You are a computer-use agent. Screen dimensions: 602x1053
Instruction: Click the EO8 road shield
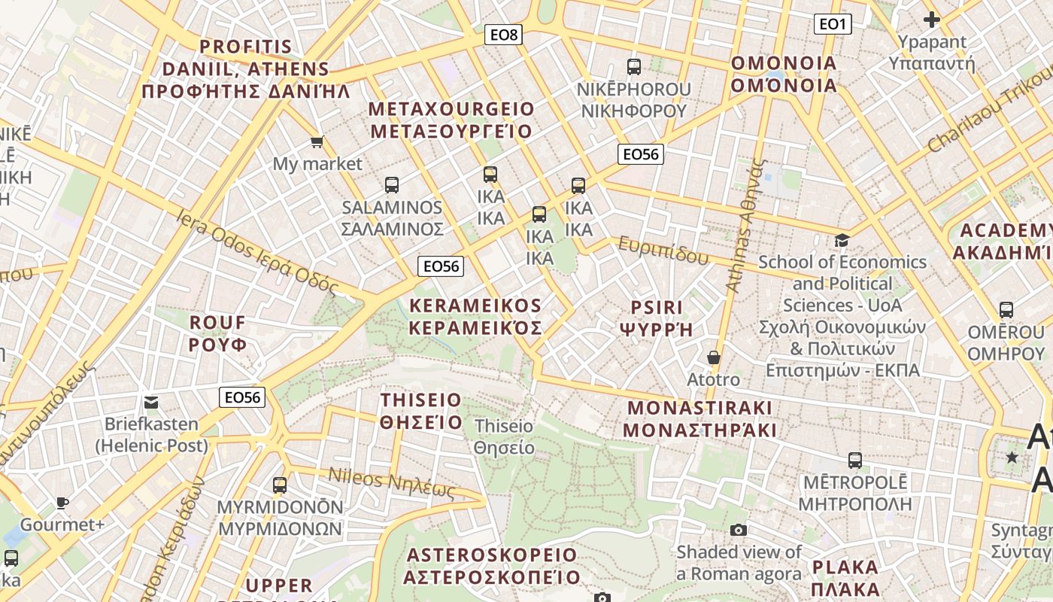tap(504, 35)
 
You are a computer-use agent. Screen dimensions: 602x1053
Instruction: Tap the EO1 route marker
tap(832, 24)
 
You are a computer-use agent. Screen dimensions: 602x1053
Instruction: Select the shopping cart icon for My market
tap(317, 141)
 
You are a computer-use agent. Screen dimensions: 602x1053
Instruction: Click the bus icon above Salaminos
tap(391, 184)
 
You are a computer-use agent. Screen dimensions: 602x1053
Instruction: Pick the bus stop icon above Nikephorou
tap(633, 66)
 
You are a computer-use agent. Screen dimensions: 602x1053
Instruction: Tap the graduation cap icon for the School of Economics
tap(842, 240)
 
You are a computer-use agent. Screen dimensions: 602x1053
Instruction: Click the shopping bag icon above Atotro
tap(713, 357)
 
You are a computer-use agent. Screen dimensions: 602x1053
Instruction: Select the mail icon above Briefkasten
tap(151, 403)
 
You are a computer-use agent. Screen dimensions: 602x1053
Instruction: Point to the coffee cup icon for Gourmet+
tap(62, 502)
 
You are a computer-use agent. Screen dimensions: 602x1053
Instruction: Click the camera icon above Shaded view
tap(739, 530)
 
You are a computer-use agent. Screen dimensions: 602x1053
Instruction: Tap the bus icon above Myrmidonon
tap(280, 485)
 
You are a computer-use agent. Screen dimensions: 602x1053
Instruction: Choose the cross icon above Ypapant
tap(931, 20)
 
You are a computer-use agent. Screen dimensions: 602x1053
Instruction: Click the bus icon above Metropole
tap(854, 460)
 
